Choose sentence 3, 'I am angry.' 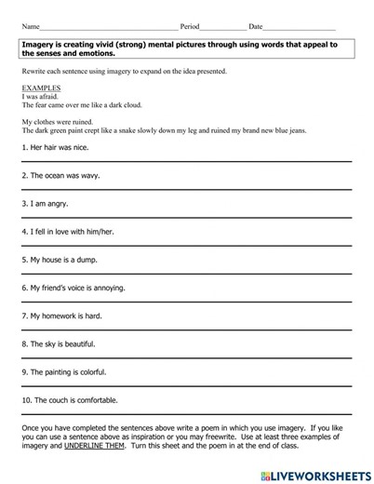[x=44, y=202]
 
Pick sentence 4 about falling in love [x=66, y=232]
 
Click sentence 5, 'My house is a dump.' [x=58, y=260]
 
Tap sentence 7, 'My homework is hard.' [x=60, y=316]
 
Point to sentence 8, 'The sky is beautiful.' [x=58, y=343]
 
